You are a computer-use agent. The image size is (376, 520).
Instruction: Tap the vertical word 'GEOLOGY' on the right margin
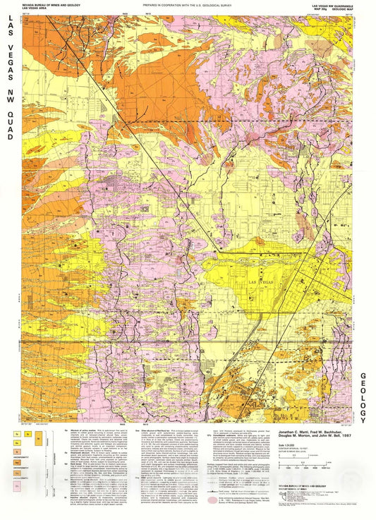tap(365, 398)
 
